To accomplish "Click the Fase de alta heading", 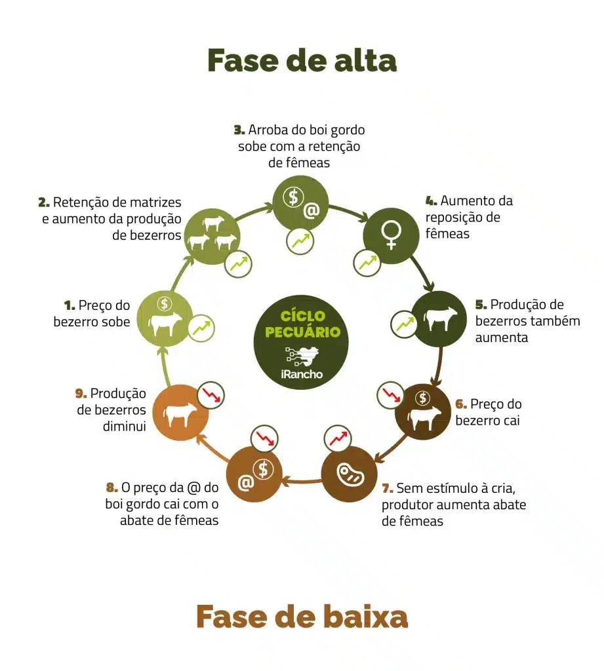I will [302, 60].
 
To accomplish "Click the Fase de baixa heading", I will [302, 617].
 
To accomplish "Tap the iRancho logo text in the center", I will [302, 374].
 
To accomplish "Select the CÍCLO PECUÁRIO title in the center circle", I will [302, 324].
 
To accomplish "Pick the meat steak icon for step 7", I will [350, 474].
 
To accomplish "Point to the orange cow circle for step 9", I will [180, 413].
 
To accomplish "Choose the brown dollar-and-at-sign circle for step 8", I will [254, 474].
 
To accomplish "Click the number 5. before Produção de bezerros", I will [481, 305].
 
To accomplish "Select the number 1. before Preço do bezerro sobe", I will [70, 305].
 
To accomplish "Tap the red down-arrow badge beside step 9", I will [211, 394].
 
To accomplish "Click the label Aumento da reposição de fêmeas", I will [468, 217].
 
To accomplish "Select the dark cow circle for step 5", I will [439, 318].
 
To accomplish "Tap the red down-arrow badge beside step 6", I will [392, 394].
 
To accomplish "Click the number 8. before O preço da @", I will [112, 488].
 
